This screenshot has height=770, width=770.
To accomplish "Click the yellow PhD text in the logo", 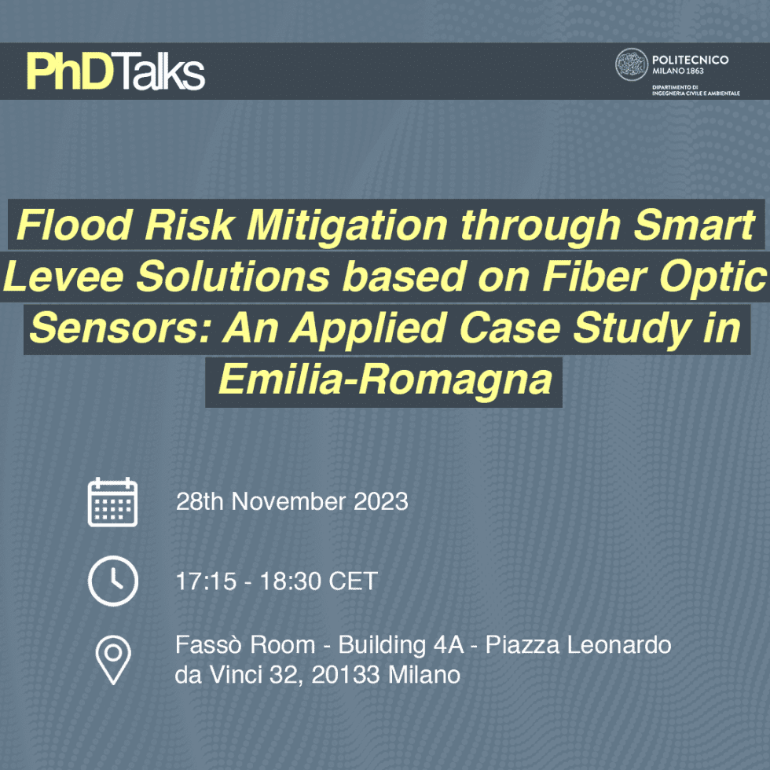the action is (70, 71).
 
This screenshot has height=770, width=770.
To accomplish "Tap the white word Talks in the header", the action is (159, 71).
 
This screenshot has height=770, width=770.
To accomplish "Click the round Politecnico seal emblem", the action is (632, 64).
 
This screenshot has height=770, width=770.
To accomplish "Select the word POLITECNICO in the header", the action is (690, 60).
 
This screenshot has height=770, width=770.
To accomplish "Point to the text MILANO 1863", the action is (677, 71).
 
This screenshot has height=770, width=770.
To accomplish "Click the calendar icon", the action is (112, 502).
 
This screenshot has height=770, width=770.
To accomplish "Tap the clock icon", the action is (113, 581).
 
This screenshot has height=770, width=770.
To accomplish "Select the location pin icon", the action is (113, 660).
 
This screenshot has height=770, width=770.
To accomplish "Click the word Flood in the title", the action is (74, 225).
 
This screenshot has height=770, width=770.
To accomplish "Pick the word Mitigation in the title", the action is (346, 225).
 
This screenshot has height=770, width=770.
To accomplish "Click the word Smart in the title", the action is (694, 225).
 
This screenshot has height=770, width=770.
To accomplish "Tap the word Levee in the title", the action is (64, 277).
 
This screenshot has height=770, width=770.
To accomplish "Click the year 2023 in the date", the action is (381, 502).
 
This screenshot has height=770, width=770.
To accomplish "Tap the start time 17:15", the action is (206, 581).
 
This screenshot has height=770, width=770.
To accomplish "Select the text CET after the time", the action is (353, 581).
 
